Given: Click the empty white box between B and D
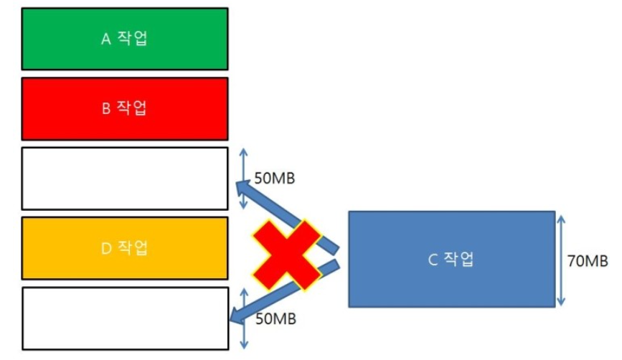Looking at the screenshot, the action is (x=125, y=179).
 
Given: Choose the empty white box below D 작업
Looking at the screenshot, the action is (x=125, y=318).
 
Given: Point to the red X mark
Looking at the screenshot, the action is (x=285, y=255).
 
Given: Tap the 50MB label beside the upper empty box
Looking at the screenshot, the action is (x=275, y=177).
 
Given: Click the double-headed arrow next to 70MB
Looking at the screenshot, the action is (x=559, y=259).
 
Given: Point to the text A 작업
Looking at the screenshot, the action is (x=125, y=39).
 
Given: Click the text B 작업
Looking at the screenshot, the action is (x=125, y=108).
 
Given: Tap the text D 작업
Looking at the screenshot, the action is (x=125, y=248).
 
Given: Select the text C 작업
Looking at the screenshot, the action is (x=451, y=260).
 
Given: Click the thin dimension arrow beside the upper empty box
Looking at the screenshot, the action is (x=242, y=179).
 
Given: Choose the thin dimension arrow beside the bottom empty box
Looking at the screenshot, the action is (x=242, y=319).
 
